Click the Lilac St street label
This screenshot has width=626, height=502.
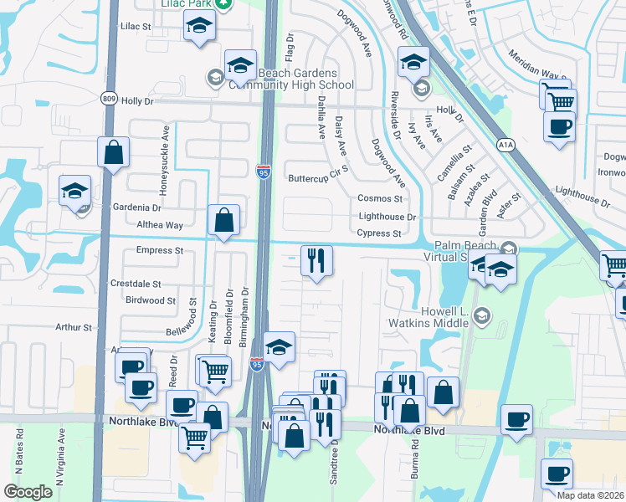point(135,27)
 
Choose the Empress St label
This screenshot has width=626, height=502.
point(159,250)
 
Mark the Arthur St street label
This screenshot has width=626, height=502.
point(74,327)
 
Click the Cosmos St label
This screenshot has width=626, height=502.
point(381,199)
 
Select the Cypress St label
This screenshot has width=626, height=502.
point(380,233)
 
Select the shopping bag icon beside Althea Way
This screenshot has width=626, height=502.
point(223,221)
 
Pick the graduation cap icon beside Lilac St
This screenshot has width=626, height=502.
point(199,28)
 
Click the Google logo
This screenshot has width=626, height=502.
point(28,492)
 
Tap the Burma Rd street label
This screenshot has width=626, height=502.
point(414,461)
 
